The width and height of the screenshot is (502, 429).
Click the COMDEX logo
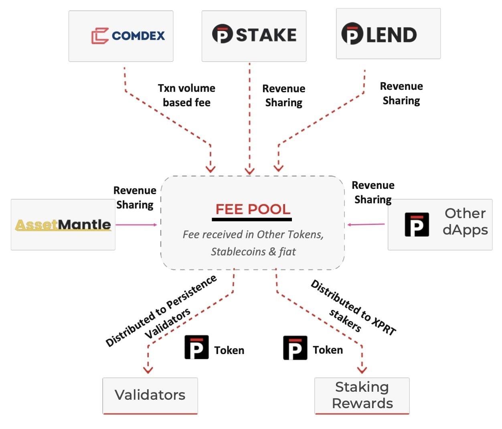(x=128, y=36)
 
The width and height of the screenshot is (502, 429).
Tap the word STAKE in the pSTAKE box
(x=266, y=35)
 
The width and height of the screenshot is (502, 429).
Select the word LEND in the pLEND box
(x=391, y=35)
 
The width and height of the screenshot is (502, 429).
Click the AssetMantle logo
(x=63, y=225)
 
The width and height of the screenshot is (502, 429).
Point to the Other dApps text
(x=465, y=222)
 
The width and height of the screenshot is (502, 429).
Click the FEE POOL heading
(x=253, y=209)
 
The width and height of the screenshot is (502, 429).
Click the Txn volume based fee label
(x=186, y=95)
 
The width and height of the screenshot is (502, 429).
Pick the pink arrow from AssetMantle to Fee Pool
(x=136, y=225)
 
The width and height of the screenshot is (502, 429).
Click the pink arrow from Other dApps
(x=366, y=225)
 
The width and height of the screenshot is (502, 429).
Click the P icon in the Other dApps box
(x=417, y=225)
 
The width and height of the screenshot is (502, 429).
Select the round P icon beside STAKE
(x=222, y=34)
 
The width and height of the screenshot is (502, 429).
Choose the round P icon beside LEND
(x=352, y=34)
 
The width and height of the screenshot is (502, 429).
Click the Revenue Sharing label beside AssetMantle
(x=135, y=198)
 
